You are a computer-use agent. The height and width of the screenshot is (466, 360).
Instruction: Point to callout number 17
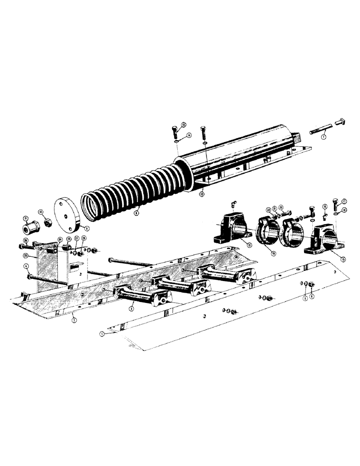click(x=345, y=201)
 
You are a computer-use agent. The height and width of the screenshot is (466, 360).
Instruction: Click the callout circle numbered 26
click(x=26, y=240)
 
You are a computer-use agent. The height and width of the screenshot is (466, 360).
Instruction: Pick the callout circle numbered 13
click(x=183, y=124)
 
